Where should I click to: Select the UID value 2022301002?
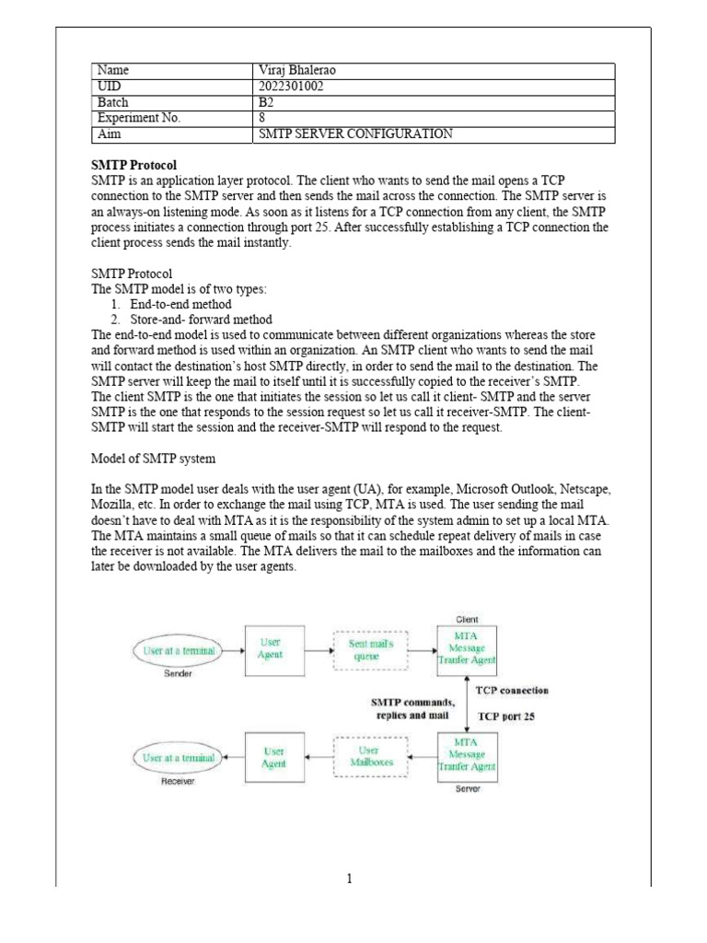(x=291, y=86)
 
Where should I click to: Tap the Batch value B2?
(x=267, y=102)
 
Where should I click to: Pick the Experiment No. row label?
(x=139, y=118)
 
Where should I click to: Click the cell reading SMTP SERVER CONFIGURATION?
(x=356, y=134)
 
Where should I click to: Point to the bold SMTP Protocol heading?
(x=134, y=164)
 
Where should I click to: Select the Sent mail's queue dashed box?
(x=371, y=650)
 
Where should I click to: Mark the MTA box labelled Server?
(x=467, y=757)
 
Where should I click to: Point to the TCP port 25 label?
(x=505, y=715)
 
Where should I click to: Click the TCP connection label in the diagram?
(x=511, y=690)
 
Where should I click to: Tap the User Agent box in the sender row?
(x=273, y=649)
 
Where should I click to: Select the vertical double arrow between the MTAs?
(x=468, y=702)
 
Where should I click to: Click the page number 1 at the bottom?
(x=350, y=879)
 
